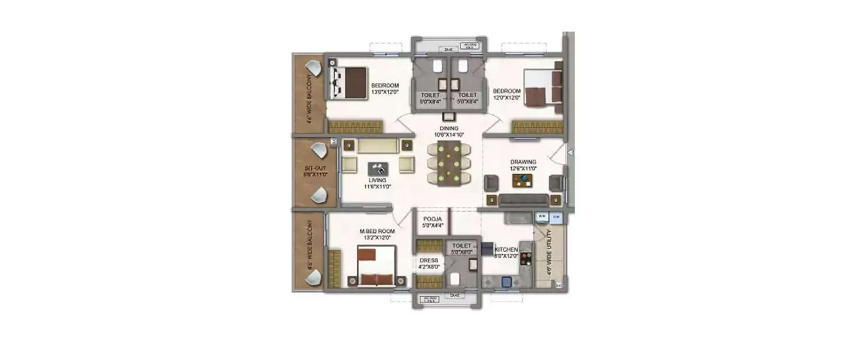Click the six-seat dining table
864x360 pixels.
[449, 163]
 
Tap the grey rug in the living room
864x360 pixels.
[378, 168]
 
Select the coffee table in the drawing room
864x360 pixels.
[523, 181]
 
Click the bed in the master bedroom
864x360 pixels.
[376, 267]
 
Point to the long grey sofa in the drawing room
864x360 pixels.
[523, 200]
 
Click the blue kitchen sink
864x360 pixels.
[507, 282]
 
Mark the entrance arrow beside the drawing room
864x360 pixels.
[570, 153]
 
